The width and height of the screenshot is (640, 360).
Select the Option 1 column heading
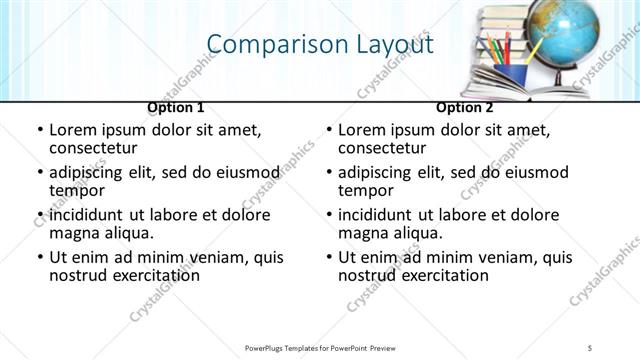(176, 107)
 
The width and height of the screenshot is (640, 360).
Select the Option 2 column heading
(465, 107)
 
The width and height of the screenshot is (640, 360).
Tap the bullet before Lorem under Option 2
(329, 130)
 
